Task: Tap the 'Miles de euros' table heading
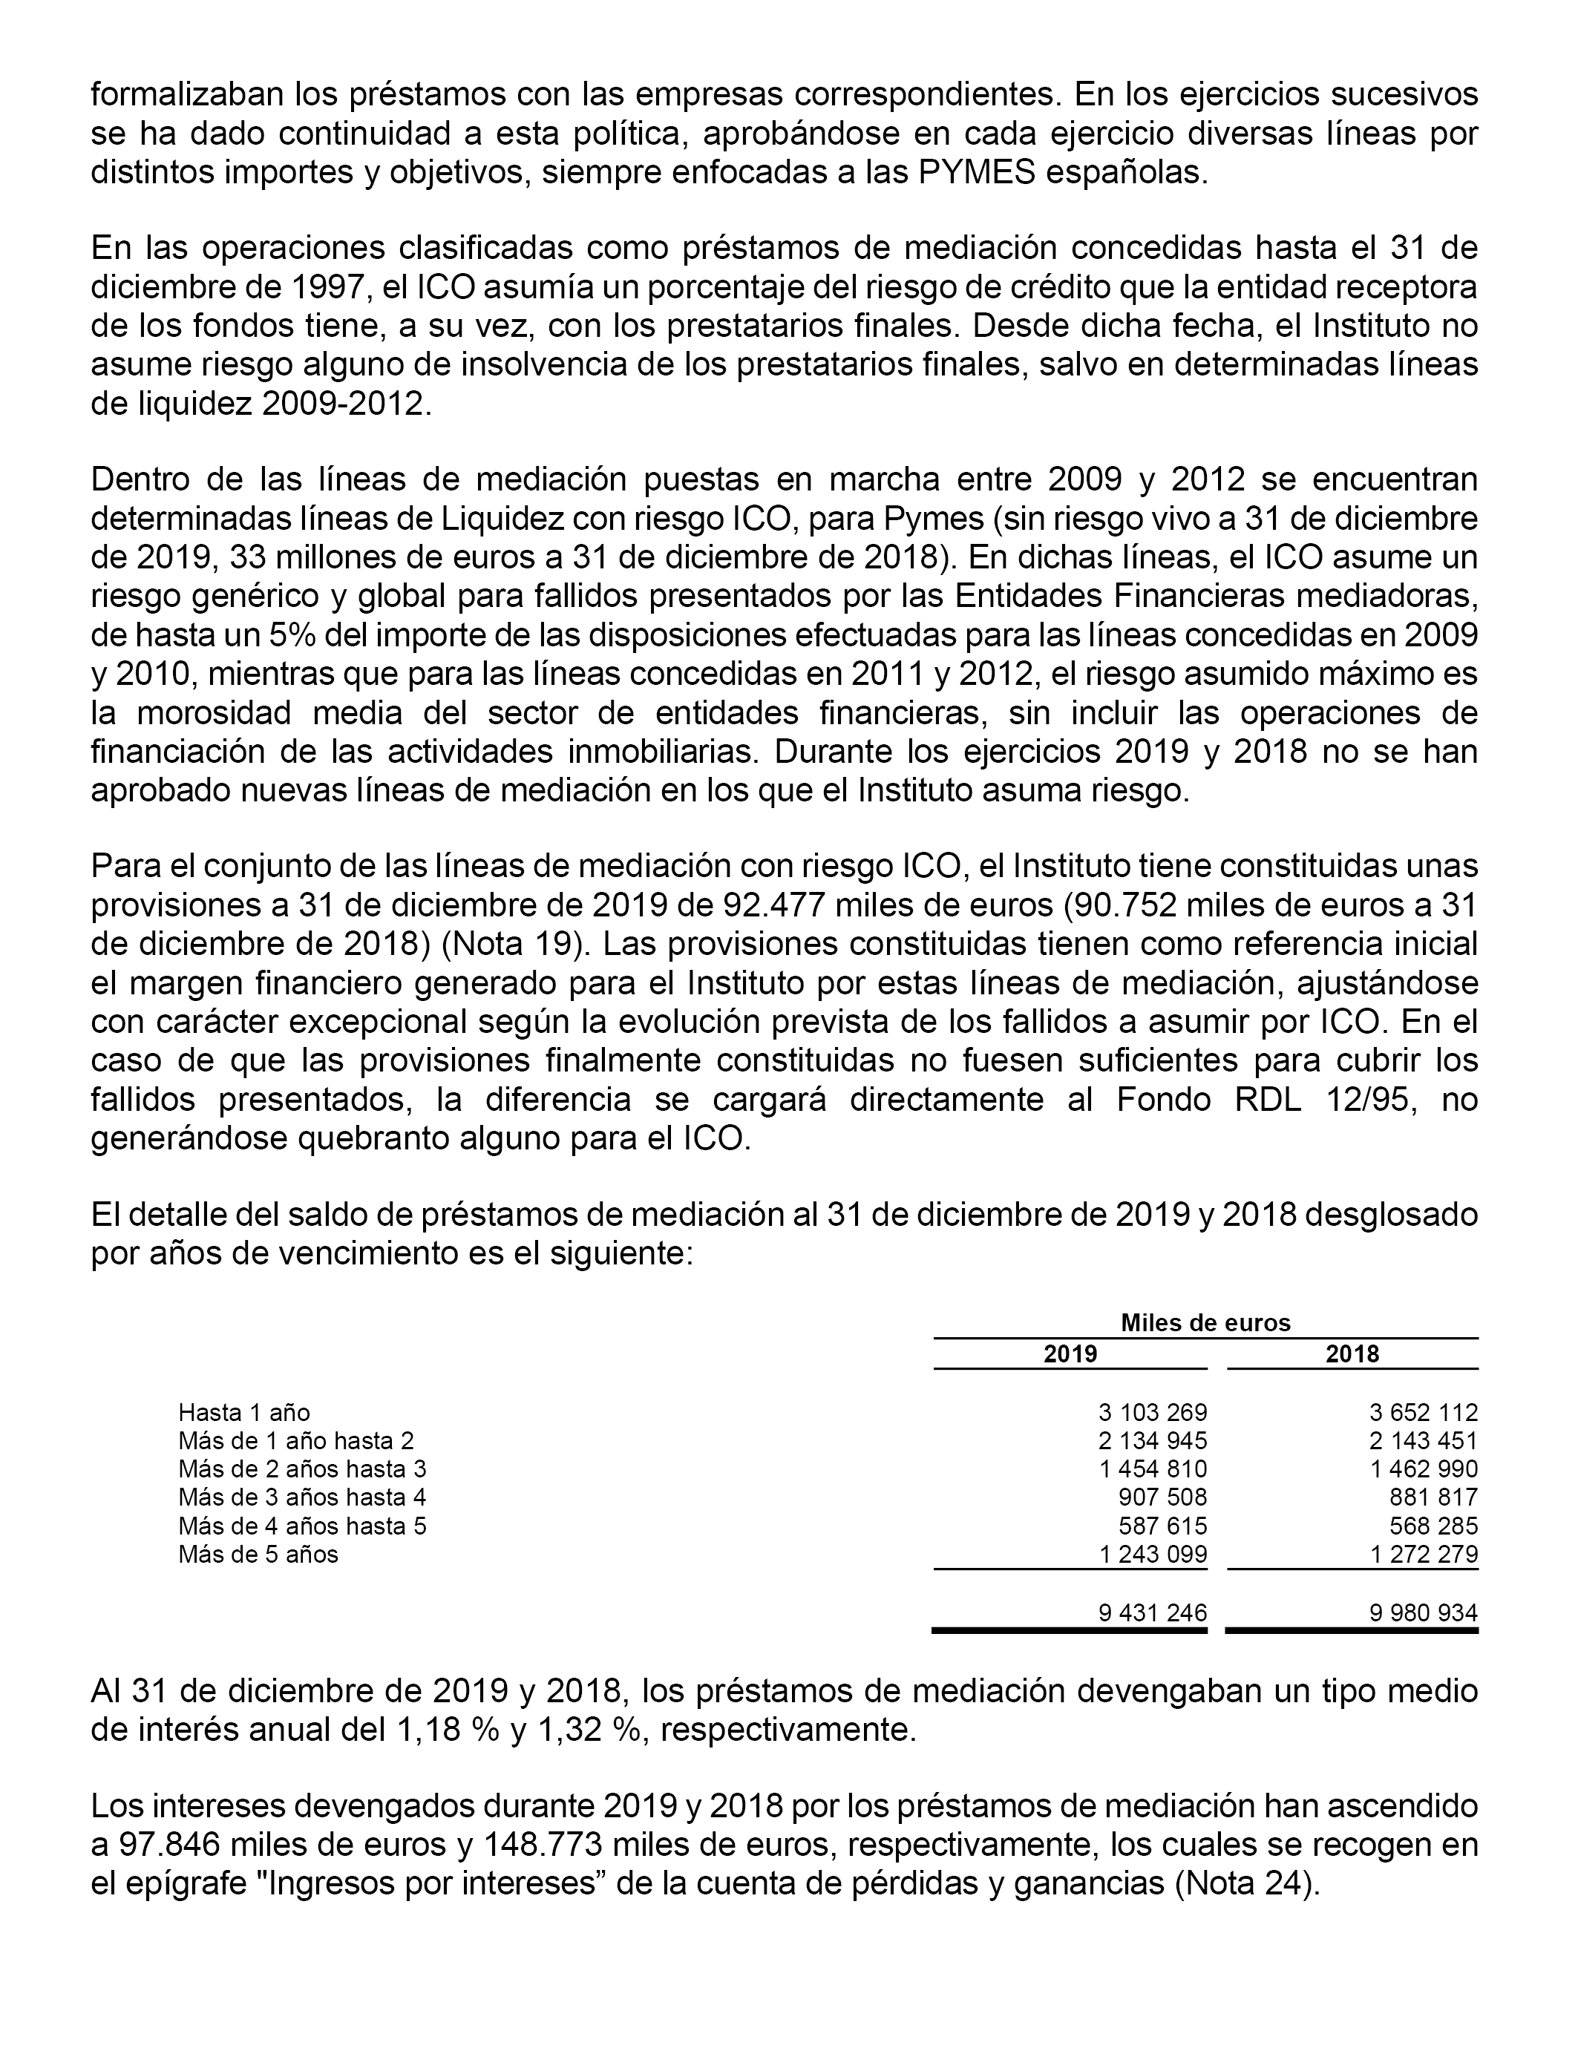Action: (x=1205, y=1323)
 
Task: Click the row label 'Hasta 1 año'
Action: (x=244, y=1412)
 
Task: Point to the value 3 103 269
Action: (x=1153, y=1412)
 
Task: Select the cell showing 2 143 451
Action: (x=1423, y=1440)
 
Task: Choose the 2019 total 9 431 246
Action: (x=1153, y=1612)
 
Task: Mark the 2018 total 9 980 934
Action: (x=1423, y=1612)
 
